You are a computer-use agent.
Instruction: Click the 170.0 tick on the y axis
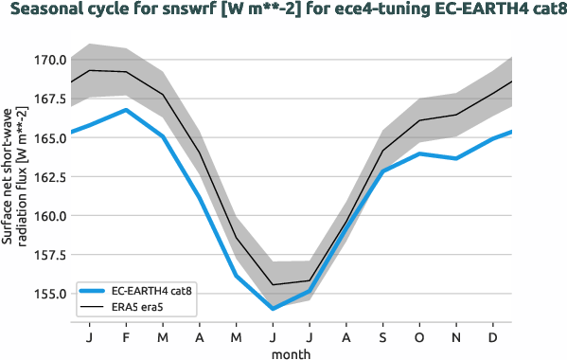(49, 60)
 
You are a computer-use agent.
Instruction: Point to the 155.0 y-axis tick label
(49, 294)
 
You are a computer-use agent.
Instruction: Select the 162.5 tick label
(49, 177)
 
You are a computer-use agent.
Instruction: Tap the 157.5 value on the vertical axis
(49, 255)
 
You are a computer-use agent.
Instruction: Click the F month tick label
(126, 337)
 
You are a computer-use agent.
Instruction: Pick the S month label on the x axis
(383, 337)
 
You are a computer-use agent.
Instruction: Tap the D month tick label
(493, 337)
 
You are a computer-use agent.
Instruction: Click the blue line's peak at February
(126, 110)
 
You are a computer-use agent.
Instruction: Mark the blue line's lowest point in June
(273, 309)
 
